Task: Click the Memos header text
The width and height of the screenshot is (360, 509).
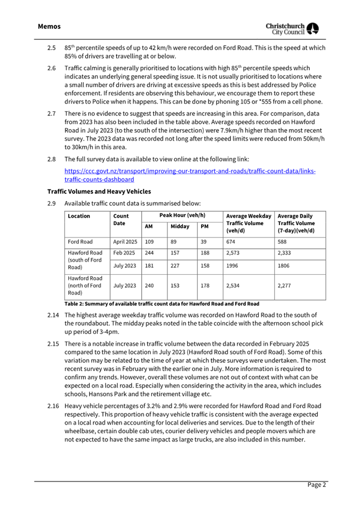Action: (x=49, y=26)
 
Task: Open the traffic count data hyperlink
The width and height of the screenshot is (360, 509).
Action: (x=189, y=176)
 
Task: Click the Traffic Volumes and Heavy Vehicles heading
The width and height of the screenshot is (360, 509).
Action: (x=99, y=191)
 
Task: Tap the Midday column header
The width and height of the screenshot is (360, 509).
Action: (x=180, y=226)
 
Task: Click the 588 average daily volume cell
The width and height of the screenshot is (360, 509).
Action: (x=284, y=242)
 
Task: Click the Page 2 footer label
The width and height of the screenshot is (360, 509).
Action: (x=316, y=484)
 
